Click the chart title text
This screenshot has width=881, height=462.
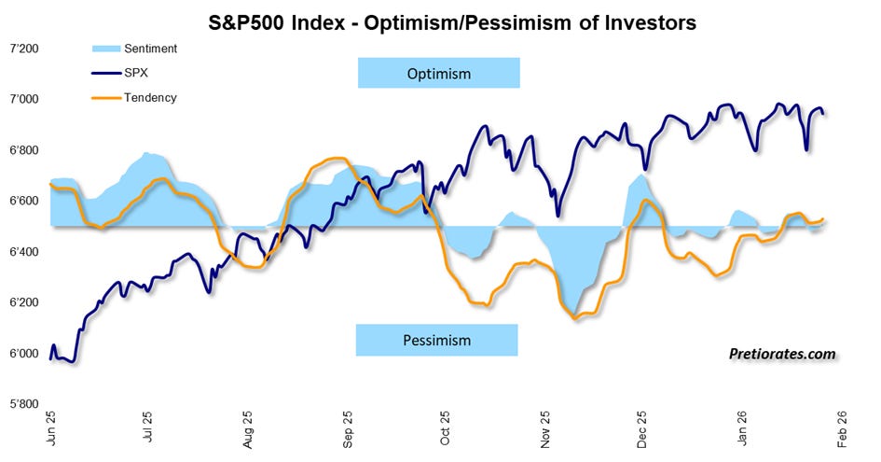click(x=452, y=22)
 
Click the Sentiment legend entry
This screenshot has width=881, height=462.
click(x=134, y=49)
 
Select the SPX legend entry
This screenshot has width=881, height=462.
click(x=119, y=73)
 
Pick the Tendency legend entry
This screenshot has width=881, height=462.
click(x=133, y=97)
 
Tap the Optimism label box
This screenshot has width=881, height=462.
click(x=439, y=73)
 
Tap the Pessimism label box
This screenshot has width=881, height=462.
click(x=436, y=340)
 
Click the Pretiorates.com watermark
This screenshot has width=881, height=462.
click(x=782, y=354)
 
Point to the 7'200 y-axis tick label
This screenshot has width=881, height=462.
click(x=24, y=49)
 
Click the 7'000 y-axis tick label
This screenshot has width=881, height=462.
click(x=24, y=100)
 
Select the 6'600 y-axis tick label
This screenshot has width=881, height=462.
click(x=24, y=201)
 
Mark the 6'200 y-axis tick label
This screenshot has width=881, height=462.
click(x=24, y=302)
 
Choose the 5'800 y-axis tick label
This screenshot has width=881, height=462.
click(x=24, y=404)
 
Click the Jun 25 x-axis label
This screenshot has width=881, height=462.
click(x=51, y=428)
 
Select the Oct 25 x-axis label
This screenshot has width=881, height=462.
click(x=445, y=428)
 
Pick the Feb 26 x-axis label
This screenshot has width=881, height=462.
click(x=841, y=428)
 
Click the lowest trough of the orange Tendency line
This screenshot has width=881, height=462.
click(x=575, y=318)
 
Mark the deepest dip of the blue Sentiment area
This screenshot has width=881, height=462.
click(x=572, y=313)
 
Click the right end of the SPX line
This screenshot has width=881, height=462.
click(x=823, y=113)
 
